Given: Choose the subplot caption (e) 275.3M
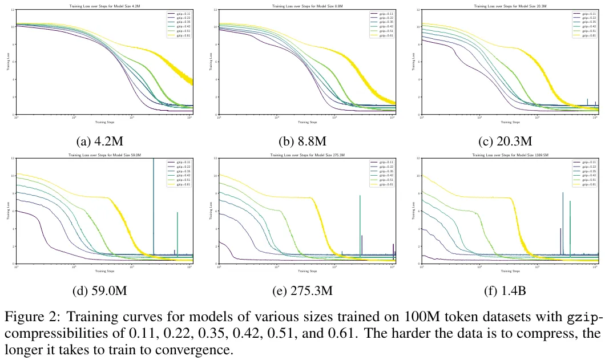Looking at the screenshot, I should click(x=302, y=291).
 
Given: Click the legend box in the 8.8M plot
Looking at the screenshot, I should click(x=381, y=24).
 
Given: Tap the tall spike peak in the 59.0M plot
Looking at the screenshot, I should click(x=154, y=160).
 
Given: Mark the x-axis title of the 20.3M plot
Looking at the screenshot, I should click(x=510, y=122).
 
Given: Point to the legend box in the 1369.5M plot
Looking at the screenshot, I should click(x=584, y=173).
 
